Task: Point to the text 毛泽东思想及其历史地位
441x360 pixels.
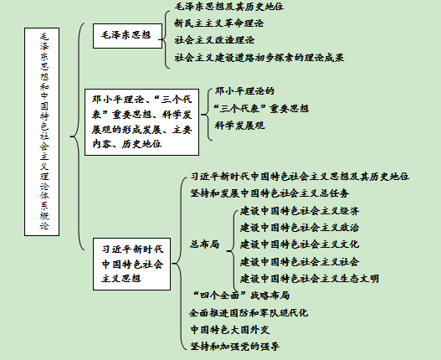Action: [x=229, y=7]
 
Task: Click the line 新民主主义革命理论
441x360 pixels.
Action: [x=218, y=23]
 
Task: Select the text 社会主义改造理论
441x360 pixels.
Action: [x=214, y=40]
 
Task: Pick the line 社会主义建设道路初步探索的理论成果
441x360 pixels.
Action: [x=259, y=58]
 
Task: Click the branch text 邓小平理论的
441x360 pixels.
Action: [x=244, y=91]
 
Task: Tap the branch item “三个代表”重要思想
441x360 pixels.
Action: [x=261, y=108]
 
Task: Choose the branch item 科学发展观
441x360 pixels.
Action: [x=239, y=126]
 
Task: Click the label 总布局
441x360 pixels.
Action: [x=204, y=244]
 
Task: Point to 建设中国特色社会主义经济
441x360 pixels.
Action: [x=300, y=211]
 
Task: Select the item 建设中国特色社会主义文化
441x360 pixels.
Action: [x=300, y=244]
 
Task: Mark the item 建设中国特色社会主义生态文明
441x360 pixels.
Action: [x=310, y=279]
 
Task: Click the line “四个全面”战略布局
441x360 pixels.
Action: [x=240, y=296]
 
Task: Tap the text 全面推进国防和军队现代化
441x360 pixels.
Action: [x=249, y=313]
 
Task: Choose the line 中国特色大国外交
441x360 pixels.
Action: [x=230, y=330]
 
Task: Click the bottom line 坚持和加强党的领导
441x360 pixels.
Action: [x=235, y=347]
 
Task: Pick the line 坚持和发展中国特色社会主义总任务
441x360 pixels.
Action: [x=269, y=193]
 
